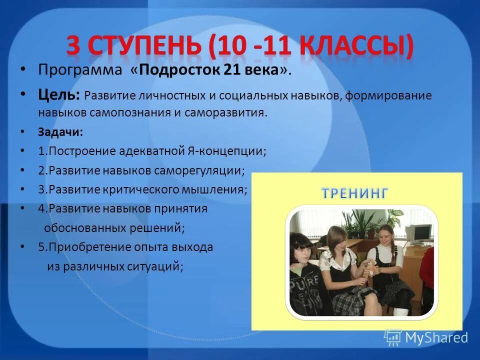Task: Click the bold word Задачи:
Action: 60,132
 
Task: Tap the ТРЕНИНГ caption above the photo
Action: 354,193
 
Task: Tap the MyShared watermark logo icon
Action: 393,338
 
